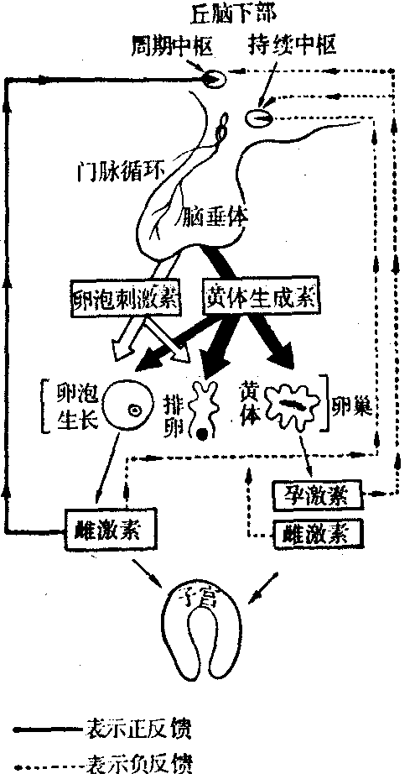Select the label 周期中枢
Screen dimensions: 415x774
coord(173,46)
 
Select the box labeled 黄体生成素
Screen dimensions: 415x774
coord(261,297)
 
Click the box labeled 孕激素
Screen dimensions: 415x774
coord(318,494)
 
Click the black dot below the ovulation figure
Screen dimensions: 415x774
coord(202,434)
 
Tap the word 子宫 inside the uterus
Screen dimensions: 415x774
coord(203,599)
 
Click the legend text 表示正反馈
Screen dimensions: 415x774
coord(138,729)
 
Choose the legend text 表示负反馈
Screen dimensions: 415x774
coord(138,765)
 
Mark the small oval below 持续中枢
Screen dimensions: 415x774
coord(259,118)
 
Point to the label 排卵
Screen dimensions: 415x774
coord(173,419)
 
